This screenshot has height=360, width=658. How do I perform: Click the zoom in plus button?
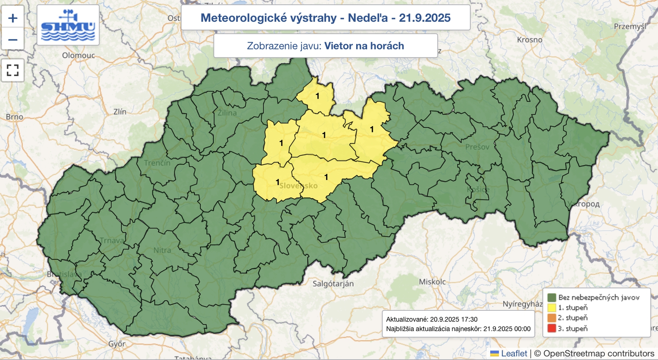pos(13,18)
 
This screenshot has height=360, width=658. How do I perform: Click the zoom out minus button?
pos(13,40)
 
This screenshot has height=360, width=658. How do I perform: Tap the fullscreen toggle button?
pos(13,70)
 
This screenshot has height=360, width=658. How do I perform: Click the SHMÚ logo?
pos(68,25)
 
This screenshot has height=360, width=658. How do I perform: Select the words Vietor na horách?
pos(364,46)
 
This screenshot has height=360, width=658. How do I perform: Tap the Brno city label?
pos(14,117)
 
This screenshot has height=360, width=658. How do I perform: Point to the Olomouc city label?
pos(79,55)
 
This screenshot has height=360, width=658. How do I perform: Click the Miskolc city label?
pos(432,282)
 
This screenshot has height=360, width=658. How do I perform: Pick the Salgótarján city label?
pos(333,284)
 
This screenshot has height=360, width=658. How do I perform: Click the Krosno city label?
pos(530,40)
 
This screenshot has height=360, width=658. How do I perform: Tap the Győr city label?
pos(117,344)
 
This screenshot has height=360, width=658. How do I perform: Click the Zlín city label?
pos(120,112)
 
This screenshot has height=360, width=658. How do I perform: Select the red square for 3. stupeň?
pos(551,328)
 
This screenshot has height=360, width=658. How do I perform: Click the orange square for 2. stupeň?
pos(551,318)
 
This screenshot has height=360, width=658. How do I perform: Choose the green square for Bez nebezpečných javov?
pos(551,297)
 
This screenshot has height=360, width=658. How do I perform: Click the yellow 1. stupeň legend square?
pos(551,307)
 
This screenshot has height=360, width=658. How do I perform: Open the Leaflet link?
pos(514,353)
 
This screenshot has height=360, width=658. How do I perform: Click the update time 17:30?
pos(469,319)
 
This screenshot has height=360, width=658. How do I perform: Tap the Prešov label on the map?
pos(477,147)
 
